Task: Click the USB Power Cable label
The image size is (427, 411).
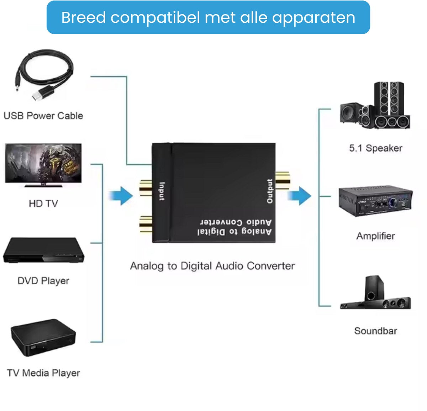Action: point(43,116)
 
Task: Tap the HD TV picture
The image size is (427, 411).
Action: point(43,164)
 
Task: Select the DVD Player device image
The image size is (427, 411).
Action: point(43,251)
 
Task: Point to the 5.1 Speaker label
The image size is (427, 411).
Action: point(375,148)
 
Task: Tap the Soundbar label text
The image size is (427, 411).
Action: point(375,331)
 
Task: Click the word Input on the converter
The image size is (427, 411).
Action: point(162,191)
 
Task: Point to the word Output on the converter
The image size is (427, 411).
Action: point(270,191)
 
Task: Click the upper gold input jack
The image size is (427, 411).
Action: point(146,188)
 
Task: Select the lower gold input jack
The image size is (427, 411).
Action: point(146,224)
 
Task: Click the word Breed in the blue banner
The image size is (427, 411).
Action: point(83,17)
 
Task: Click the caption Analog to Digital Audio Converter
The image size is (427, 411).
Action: point(212,266)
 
